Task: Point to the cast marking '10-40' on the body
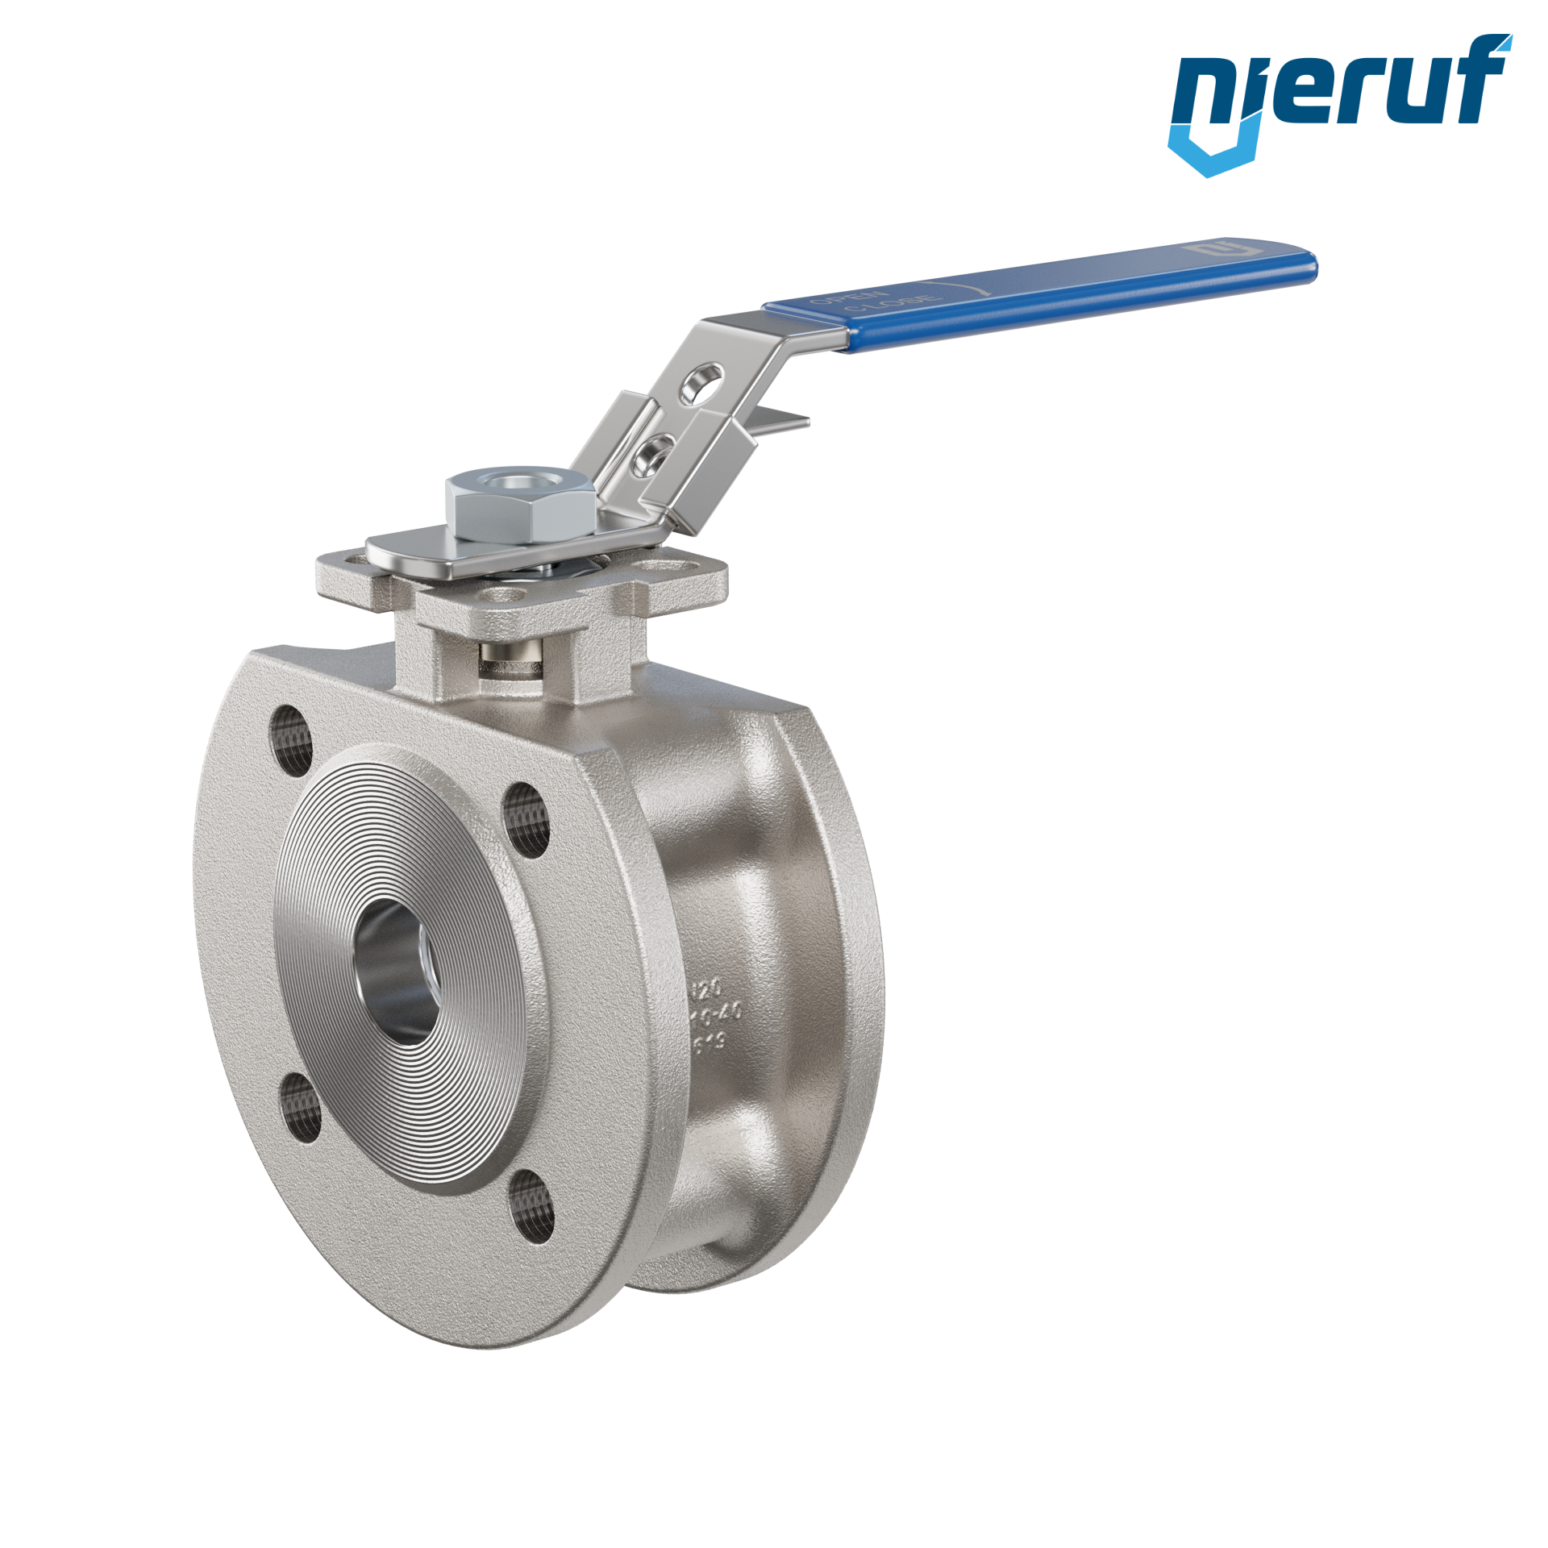[x=718, y=1015]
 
